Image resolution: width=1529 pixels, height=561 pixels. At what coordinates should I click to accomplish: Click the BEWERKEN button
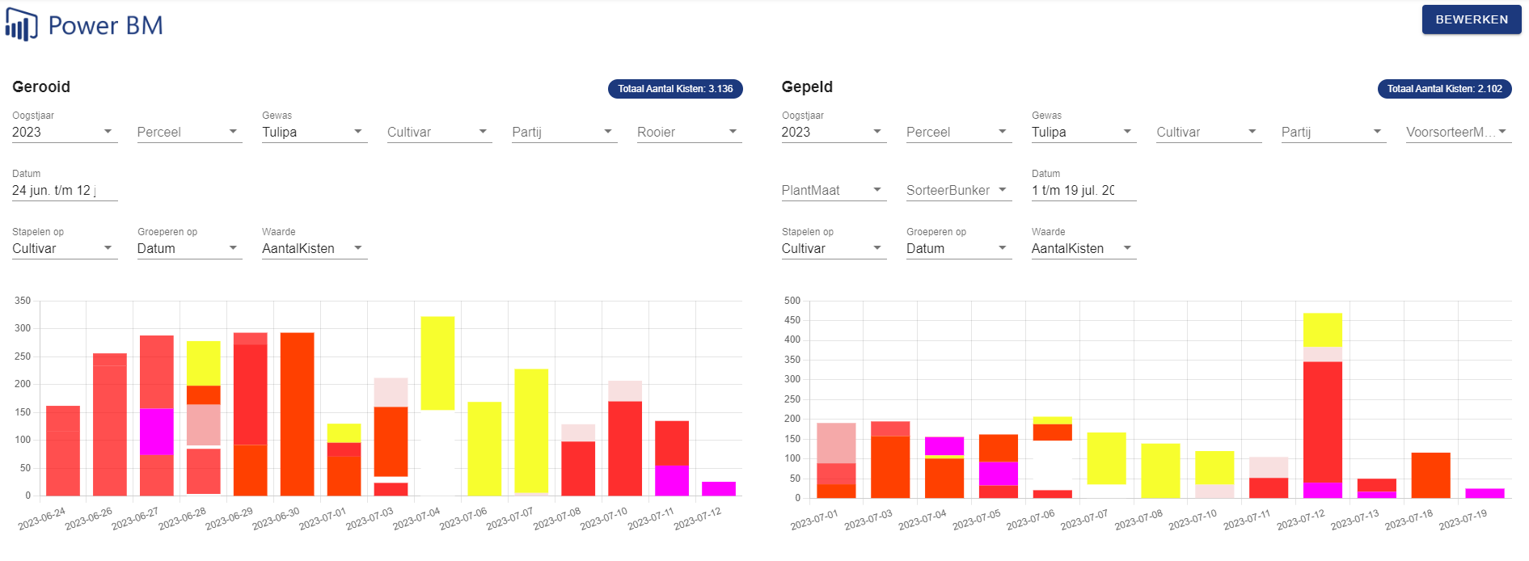coord(1471,19)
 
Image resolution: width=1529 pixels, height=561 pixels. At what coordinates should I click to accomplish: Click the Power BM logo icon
coord(21,25)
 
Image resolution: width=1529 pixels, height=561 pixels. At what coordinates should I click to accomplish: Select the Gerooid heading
coord(41,86)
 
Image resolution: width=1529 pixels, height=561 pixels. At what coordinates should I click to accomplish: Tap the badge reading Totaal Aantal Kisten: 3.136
coord(675,89)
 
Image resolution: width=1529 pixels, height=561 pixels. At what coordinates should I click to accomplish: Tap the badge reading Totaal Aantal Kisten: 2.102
coord(1444,89)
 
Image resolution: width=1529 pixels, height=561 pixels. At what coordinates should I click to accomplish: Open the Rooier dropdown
coord(686,132)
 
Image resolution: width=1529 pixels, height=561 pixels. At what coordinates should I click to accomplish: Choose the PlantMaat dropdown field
coord(832,190)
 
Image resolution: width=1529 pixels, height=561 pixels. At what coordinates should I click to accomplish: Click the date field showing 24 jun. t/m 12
coord(64,190)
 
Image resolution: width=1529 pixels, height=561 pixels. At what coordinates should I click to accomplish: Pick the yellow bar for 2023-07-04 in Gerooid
coord(437,363)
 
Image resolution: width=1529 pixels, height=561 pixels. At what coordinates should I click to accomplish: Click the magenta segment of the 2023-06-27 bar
coord(157,432)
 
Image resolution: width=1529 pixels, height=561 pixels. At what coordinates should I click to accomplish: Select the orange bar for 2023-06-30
coord(297,414)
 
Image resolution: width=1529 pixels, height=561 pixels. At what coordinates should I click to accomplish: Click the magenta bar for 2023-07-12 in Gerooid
coord(719,488)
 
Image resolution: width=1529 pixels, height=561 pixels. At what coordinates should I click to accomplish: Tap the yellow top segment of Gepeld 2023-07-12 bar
coord(1322,330)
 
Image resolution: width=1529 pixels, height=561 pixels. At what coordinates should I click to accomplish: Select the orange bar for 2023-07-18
coord(1430,475)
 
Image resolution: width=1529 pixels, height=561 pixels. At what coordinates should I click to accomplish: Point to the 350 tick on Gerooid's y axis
coord(23,301)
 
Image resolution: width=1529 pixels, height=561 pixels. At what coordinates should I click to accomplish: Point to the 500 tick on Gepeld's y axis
coord(792,301)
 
